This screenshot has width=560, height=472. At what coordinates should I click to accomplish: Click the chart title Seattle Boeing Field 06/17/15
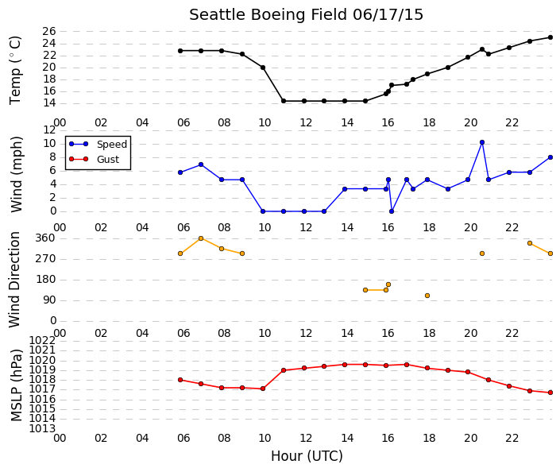coord(306,15)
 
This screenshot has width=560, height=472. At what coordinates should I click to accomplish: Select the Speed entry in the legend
coord(112,145)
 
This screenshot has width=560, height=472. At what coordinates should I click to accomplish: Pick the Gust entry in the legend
coord(108,160)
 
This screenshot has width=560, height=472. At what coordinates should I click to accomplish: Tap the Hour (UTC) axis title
coord(307,456)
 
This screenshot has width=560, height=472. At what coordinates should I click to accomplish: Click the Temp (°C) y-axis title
coord(15,71)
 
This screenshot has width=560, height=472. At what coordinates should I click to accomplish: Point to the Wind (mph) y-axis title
coord(16,175)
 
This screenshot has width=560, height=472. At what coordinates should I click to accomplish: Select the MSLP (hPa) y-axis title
coord(16,385)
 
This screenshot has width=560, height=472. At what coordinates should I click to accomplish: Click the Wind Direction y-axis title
coord(14,280)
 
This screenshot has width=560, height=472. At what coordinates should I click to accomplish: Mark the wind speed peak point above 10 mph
coord(482,142)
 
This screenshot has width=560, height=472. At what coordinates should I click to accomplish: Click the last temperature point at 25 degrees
coord(550,37)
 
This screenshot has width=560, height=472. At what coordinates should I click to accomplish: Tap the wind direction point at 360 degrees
coord(201,238)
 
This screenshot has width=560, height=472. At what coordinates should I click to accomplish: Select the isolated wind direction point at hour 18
coord(427,296)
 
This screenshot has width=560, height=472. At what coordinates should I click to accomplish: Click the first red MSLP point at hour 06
coord(180,380)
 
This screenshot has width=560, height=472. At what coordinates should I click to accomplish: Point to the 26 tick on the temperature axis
coord(49,32)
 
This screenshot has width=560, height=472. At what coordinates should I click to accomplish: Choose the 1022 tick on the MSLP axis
coord(42,340)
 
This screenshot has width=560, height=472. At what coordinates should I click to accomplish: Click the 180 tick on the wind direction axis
coord(46,280)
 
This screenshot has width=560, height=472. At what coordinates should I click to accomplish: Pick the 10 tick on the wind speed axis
coord(49,144)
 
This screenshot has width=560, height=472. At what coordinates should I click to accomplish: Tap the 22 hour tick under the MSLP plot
coord(512,438)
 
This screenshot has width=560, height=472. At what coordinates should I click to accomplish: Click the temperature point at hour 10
coord(263,68)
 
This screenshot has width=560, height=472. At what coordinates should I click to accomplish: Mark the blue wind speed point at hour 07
coord(201,164)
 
